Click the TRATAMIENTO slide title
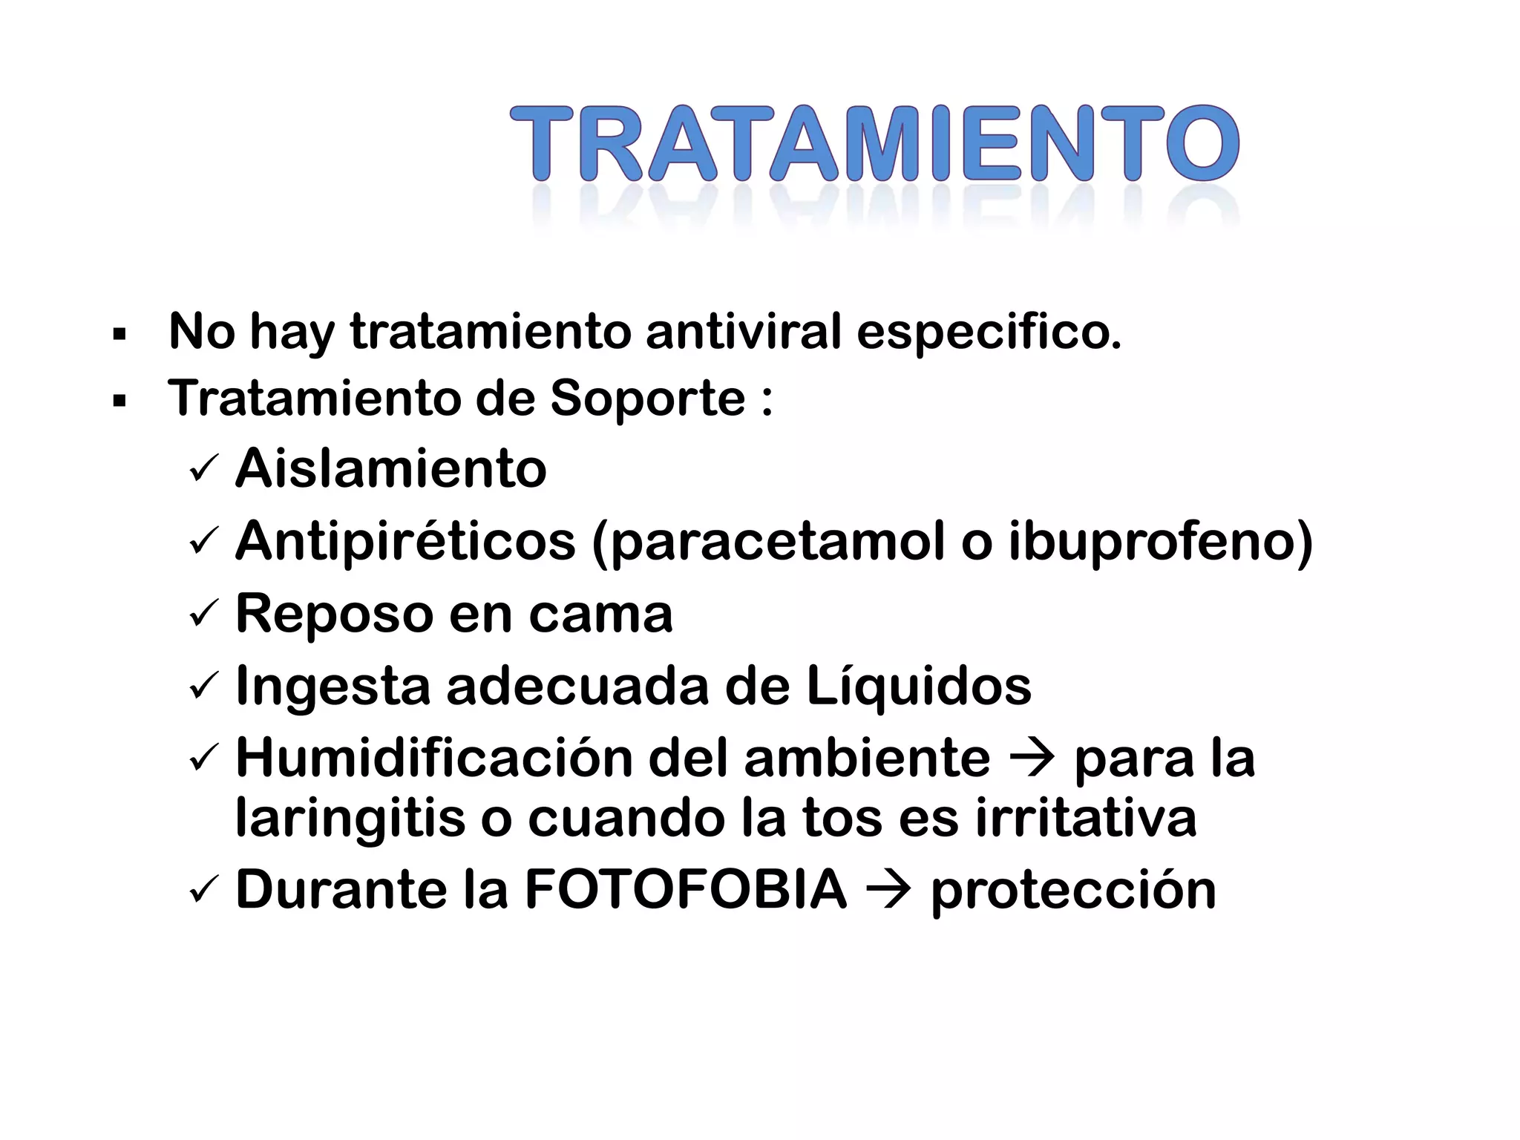click(874, 143)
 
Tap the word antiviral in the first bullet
click(744, 331)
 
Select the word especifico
click(989, 332)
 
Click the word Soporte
click(647, 399)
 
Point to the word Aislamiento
click(391, 469)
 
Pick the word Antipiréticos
click(405, 541)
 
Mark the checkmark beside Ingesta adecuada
click(203, 687)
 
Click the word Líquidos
click(918, 687)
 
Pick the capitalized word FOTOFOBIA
click(685, 890)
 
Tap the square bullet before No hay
click(119, 334)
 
